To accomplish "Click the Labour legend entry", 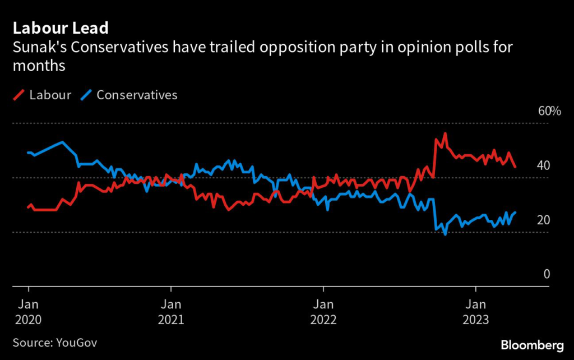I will (50, 95).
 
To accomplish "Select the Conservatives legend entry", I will (137, 95).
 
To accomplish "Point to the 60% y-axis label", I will (549, 111).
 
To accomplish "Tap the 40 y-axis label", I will (544, 165).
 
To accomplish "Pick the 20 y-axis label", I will (544, 220).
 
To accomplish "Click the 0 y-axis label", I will (547, 274).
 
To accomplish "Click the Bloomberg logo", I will (531, 344).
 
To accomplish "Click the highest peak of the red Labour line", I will (445, 133).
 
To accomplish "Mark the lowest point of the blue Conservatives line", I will (445, 234).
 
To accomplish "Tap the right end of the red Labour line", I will (515, 167).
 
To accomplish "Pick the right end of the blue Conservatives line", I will (515, 213).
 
